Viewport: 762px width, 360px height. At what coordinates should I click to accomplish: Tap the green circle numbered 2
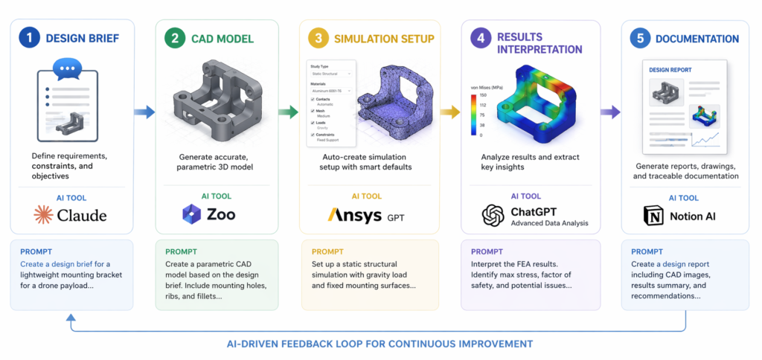point(176,39)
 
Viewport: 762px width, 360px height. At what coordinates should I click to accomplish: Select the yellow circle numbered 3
point(319,39)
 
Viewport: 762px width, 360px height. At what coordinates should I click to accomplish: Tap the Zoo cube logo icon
point(193,215)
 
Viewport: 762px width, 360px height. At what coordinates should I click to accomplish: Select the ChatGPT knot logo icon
point(493,215)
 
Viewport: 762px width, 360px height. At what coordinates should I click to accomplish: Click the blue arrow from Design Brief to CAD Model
point(144,112)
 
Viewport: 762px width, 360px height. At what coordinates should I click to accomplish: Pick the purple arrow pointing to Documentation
point(610,112)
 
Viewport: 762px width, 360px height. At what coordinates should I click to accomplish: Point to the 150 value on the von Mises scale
point(483,96)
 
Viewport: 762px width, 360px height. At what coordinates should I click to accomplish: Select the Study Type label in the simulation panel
point(321,67)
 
